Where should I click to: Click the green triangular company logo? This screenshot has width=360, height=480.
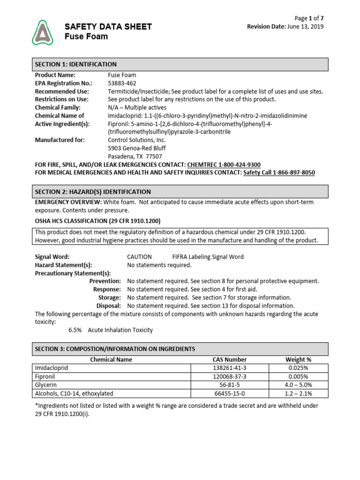click(43, 32)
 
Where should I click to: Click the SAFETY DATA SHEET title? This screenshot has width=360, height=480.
click(108, 27)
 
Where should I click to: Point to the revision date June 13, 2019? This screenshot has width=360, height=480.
click(305, 27)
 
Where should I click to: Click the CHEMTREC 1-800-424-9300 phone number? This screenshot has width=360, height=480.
click(224, 165)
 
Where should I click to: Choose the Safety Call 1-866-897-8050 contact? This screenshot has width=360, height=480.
click(278, 172)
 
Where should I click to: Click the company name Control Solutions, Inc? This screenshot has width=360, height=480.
click(137, 140)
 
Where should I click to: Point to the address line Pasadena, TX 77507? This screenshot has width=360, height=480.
click(135, 156)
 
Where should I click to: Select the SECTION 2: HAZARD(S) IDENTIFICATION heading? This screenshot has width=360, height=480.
click(93, 192)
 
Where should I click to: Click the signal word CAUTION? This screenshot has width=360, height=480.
click(139, 257)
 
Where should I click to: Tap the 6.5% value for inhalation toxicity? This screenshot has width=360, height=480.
click(75, 330)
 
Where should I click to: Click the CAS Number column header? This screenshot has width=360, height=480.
click(229, 360)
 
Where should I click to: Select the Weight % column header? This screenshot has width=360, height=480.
click(298, 360)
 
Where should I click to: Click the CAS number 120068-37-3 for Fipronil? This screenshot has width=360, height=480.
click(229, 376)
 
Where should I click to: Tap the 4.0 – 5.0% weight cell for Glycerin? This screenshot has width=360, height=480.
click(298, 385)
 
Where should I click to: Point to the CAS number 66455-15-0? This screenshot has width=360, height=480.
click(229, 393)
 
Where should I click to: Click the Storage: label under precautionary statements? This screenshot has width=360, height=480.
click(109, 298)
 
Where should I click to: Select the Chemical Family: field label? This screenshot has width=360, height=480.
click(58, 107)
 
